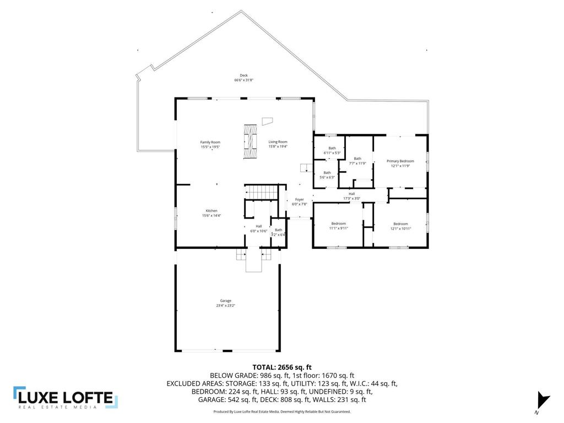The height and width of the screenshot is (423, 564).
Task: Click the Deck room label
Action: click(243, 78)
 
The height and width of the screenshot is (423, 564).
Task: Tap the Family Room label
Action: click(210, 144)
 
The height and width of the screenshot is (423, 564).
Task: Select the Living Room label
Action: click(278, 144)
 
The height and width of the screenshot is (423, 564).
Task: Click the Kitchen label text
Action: click(211, 213)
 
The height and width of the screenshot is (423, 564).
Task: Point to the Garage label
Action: click(226, 303)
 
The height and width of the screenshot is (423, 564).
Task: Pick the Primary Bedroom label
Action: click(400, 163)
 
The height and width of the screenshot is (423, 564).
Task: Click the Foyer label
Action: click(299, 202)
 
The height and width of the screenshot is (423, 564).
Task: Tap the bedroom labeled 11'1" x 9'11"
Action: click(338, 225)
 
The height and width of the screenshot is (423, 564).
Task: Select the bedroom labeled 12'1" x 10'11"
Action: click(400, 226)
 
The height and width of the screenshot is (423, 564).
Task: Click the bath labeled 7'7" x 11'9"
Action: click(357, 161)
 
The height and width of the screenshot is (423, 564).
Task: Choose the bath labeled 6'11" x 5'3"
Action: click(332, 150)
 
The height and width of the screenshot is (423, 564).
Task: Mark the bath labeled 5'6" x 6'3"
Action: click(327, 175)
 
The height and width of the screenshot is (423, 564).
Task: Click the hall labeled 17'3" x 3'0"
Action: click(351, 196)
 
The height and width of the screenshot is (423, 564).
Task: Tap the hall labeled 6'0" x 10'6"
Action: click(258, 228)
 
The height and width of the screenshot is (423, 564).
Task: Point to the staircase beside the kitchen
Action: click(261, 193)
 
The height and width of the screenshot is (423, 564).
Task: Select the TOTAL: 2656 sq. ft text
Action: click(282, 367)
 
